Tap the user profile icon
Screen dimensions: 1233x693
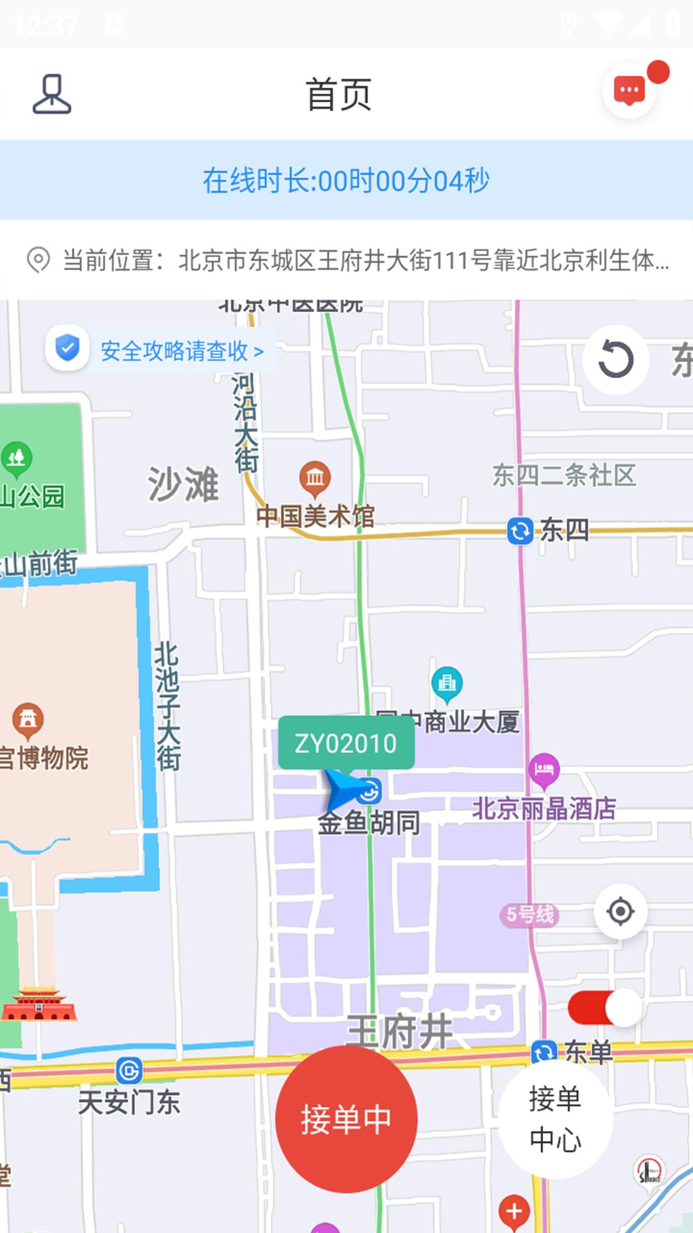[52, 94]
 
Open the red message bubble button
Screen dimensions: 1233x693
[629, 91]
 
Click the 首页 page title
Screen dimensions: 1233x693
[339, 94]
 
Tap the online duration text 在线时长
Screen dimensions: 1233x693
[346, 180]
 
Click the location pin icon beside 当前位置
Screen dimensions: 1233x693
[38, 260]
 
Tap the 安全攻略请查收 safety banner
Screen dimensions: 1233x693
[161, 350]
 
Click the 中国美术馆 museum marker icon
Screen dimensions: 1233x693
[314, 478]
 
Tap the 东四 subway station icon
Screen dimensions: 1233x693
[520, 531]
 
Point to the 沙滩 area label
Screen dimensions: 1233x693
[184, 484]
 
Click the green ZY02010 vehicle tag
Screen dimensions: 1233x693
[346, 744]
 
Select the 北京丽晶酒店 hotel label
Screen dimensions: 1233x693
[544, 809]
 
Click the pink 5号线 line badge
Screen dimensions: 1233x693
[529, 914]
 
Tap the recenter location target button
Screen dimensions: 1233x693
[620, 911]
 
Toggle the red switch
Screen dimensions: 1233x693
[604, 1008]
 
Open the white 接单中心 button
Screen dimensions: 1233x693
[555, 1119]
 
